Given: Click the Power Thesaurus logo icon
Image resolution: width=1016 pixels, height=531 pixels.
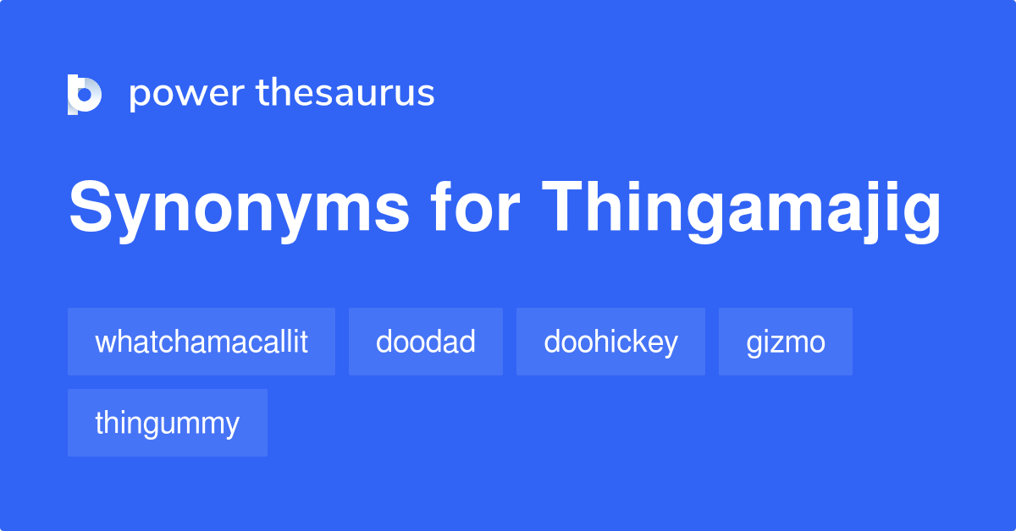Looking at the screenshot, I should (84, 94).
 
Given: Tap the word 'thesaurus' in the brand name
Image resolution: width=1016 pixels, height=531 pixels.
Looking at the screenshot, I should (345, 93).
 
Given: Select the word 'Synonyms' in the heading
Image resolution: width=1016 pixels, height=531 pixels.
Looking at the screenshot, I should (239, 209).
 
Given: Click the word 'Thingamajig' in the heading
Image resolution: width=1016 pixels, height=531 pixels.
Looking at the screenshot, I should (742, 209).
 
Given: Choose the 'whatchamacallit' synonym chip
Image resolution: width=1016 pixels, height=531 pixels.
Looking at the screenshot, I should (202, 342).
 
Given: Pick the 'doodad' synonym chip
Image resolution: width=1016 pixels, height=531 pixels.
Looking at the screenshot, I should (426, 342).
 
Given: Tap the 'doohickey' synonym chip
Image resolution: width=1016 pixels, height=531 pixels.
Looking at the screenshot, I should (610, 342).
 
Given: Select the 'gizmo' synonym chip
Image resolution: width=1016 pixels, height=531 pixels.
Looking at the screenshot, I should (786, 342).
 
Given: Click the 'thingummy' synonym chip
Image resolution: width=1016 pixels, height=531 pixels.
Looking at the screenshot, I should (168, 423).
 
